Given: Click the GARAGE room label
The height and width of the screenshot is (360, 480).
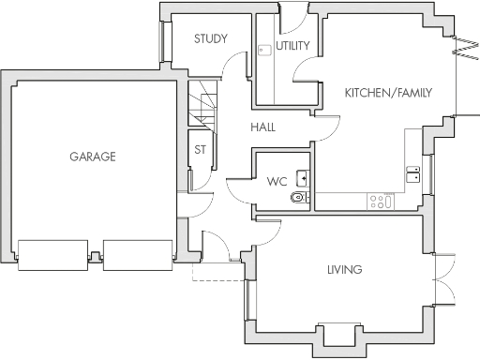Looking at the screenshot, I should pos(92,157).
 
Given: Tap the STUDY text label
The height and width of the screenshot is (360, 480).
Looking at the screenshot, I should pos(211,39).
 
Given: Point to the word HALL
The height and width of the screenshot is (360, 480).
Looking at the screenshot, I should pos(262,127).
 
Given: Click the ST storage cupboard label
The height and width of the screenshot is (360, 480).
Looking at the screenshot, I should pos(200,149).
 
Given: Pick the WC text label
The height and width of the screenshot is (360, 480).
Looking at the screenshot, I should pos(277,181).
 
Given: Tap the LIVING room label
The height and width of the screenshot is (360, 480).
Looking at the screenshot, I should pos(344,270).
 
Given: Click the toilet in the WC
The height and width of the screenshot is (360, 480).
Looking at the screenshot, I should pos(299,198).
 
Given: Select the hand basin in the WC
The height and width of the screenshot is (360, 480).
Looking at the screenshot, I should pos(303,176).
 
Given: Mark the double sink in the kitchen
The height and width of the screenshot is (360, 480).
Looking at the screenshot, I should pos(412,172).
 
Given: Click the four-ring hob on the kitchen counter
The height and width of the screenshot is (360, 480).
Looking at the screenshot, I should pos(382,200).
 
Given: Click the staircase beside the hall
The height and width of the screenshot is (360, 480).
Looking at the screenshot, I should pos(202,105).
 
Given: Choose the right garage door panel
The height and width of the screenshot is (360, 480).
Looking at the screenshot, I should pos(138,253).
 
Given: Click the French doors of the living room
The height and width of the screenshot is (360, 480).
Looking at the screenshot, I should pos(446,279).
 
